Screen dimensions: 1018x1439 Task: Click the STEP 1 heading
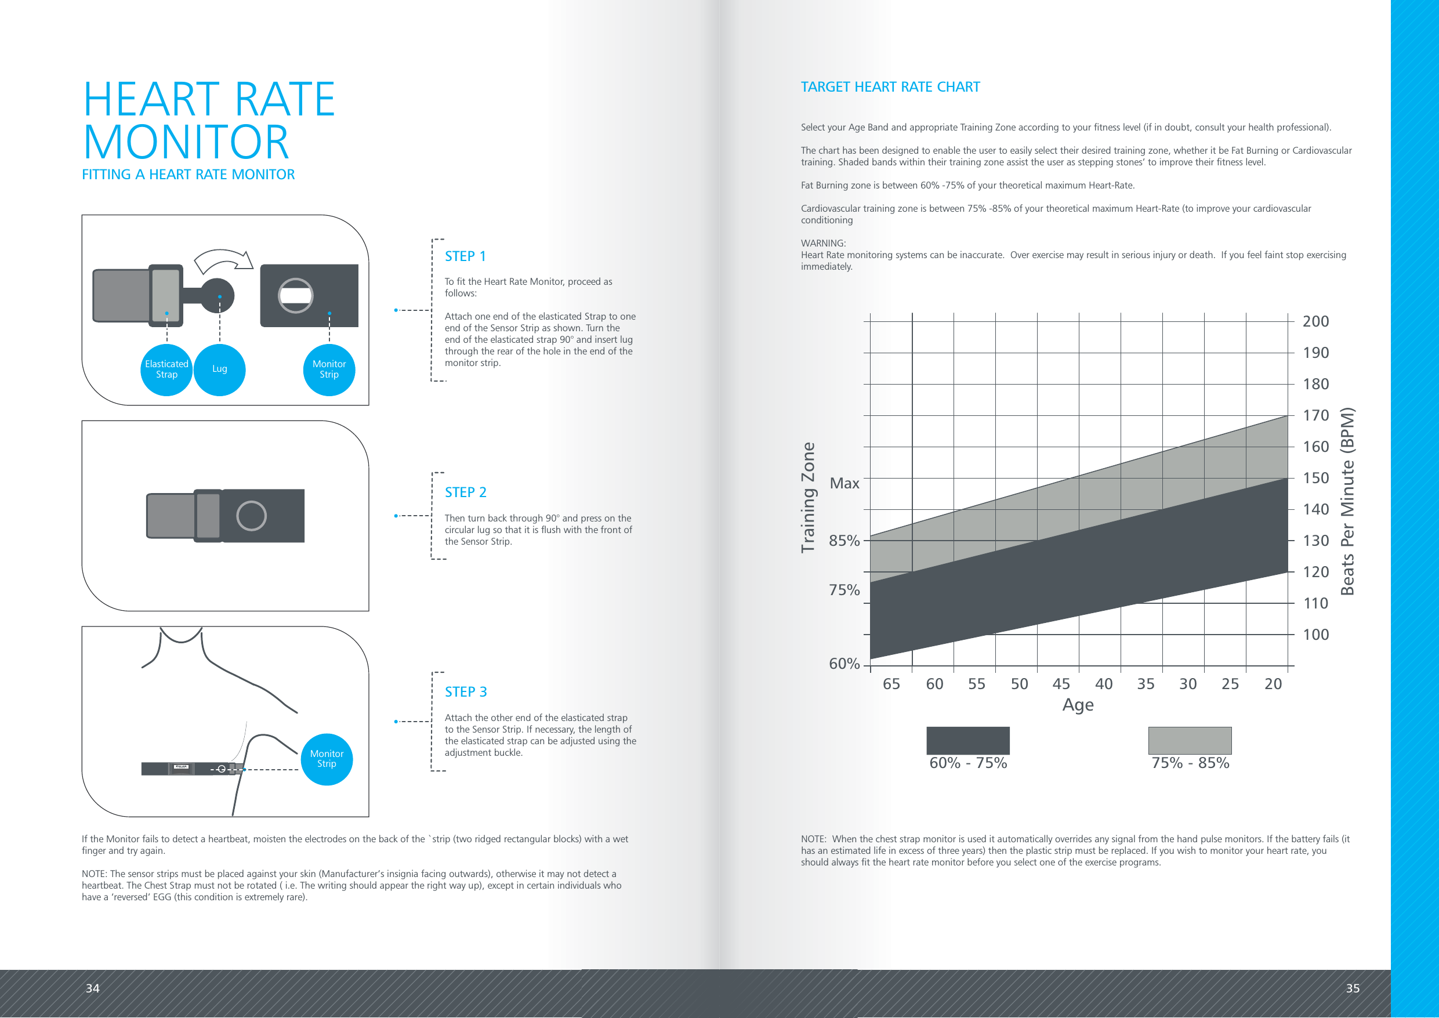pos(465,256)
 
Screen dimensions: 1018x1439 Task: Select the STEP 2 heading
pos(465,492)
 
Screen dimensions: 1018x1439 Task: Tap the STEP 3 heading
pos(465,692)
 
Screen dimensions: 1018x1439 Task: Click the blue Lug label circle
pos(219,370)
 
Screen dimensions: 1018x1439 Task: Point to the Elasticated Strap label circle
pos(166,370)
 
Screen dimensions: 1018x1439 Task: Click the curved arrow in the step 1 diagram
pos(223,261)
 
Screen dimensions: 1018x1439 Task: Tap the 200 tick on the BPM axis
pos(1315,321)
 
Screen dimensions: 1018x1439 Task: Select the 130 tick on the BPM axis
pos(1315,541)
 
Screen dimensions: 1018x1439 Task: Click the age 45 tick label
pos(1061,684)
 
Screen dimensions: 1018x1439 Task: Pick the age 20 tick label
pos(1273,684)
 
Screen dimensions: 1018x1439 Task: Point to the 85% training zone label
pos(844,541)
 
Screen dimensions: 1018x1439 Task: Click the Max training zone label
pos(844,483)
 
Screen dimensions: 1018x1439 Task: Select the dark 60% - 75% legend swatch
pos(967,741)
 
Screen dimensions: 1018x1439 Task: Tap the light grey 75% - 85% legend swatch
pos(1190,741)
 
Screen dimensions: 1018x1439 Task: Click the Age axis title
pos(1078,705)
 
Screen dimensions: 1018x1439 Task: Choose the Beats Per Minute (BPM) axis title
pos(1347,502)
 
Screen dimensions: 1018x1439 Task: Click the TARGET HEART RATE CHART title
pos(890,87)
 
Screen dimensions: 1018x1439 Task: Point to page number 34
pos(93,988)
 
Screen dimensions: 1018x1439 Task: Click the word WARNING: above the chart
pos(823,243)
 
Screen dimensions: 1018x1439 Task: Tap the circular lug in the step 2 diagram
pos(251,516)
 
